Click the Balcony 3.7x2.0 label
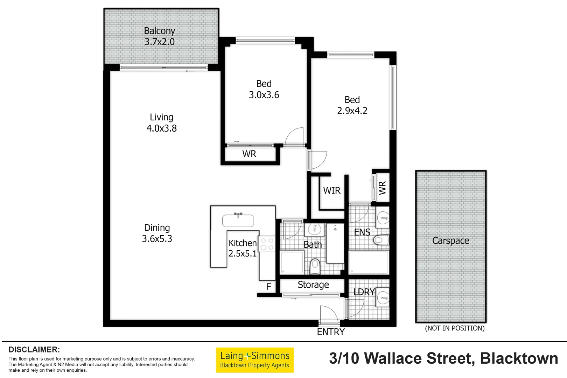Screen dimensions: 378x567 (160, 36)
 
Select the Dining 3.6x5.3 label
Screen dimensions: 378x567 (157, 233)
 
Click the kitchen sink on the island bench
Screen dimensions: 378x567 (238, 220)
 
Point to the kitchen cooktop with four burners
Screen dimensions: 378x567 (267, 244)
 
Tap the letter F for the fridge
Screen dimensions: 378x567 (268, 287)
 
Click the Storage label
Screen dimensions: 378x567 (313, 285)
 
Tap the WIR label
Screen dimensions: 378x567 (331, 190)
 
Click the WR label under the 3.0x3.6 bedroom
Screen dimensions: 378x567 (249, 154)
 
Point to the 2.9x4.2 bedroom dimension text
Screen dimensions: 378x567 (352, 111)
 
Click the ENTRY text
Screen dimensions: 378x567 (330, 332)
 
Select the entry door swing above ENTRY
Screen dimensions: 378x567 (329, 314)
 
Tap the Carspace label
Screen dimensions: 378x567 (450, 240)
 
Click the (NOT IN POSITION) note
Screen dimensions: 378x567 (454, 328)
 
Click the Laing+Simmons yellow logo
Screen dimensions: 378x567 (254, 360)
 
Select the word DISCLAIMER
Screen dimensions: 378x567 (34, 349)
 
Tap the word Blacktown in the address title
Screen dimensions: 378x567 (519, 358)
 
